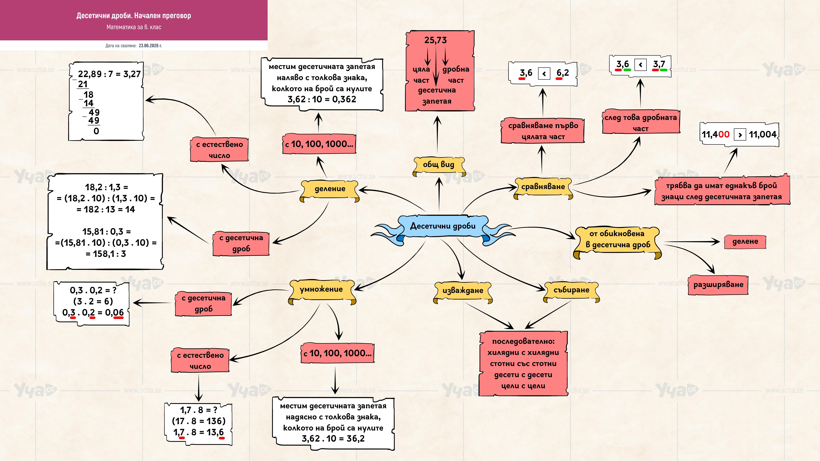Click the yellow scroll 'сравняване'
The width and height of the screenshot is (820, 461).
543,188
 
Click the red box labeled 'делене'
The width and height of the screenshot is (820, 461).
745,242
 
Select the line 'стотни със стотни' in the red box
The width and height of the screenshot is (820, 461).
523,364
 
